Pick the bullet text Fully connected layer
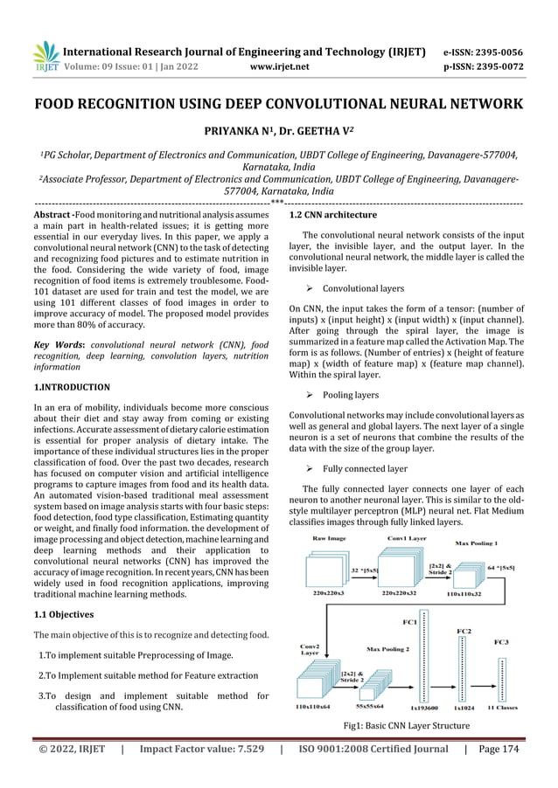tap(365, 468)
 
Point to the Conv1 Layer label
tap(407, 539)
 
